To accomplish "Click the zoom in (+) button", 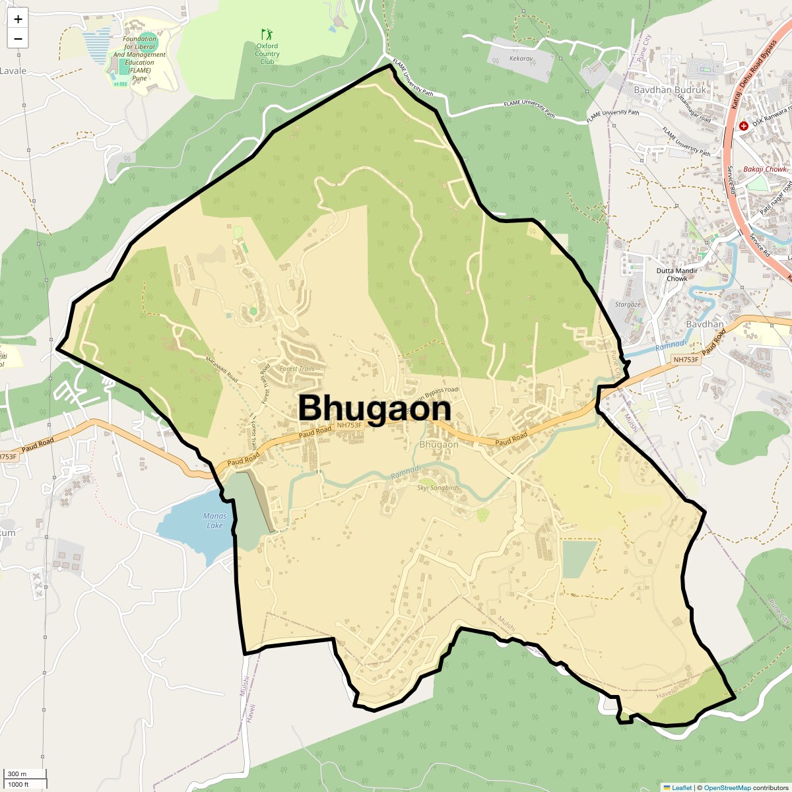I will [18, 19].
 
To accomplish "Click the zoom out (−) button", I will [18, 39].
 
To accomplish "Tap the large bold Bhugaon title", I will [374, 409].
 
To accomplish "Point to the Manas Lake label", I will [214, 521].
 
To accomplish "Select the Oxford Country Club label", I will [267, 54].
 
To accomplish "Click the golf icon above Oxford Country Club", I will [267, 34].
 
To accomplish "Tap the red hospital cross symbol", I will [744, 125].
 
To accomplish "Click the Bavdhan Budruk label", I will [669, 90].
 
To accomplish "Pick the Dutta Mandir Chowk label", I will [676, 275].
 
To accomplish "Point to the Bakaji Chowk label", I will [765, 170].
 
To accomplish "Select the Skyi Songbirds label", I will [438, 488].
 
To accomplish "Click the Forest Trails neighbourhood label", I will [297, 369].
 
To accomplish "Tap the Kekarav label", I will [521, 59].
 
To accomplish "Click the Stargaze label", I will [628, 305].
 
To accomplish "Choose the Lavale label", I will [13, 71].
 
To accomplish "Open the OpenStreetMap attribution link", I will [727, 787].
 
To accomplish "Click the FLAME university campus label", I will [139, 58].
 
